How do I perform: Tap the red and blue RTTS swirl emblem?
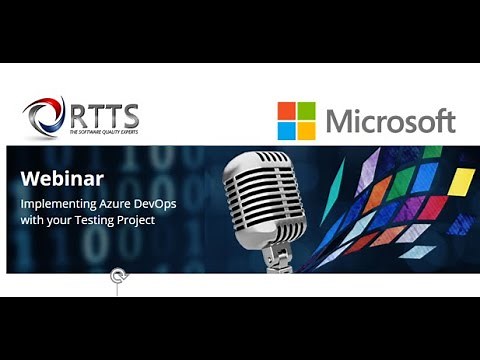[x=44, y=118]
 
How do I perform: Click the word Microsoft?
[x=390, y=122]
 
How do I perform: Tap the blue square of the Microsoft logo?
[x=287, y=130]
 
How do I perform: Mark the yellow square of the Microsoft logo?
[x=306, y=130]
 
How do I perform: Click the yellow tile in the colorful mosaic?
[x=460, y=182]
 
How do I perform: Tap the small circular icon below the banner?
[x=118, y=276]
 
